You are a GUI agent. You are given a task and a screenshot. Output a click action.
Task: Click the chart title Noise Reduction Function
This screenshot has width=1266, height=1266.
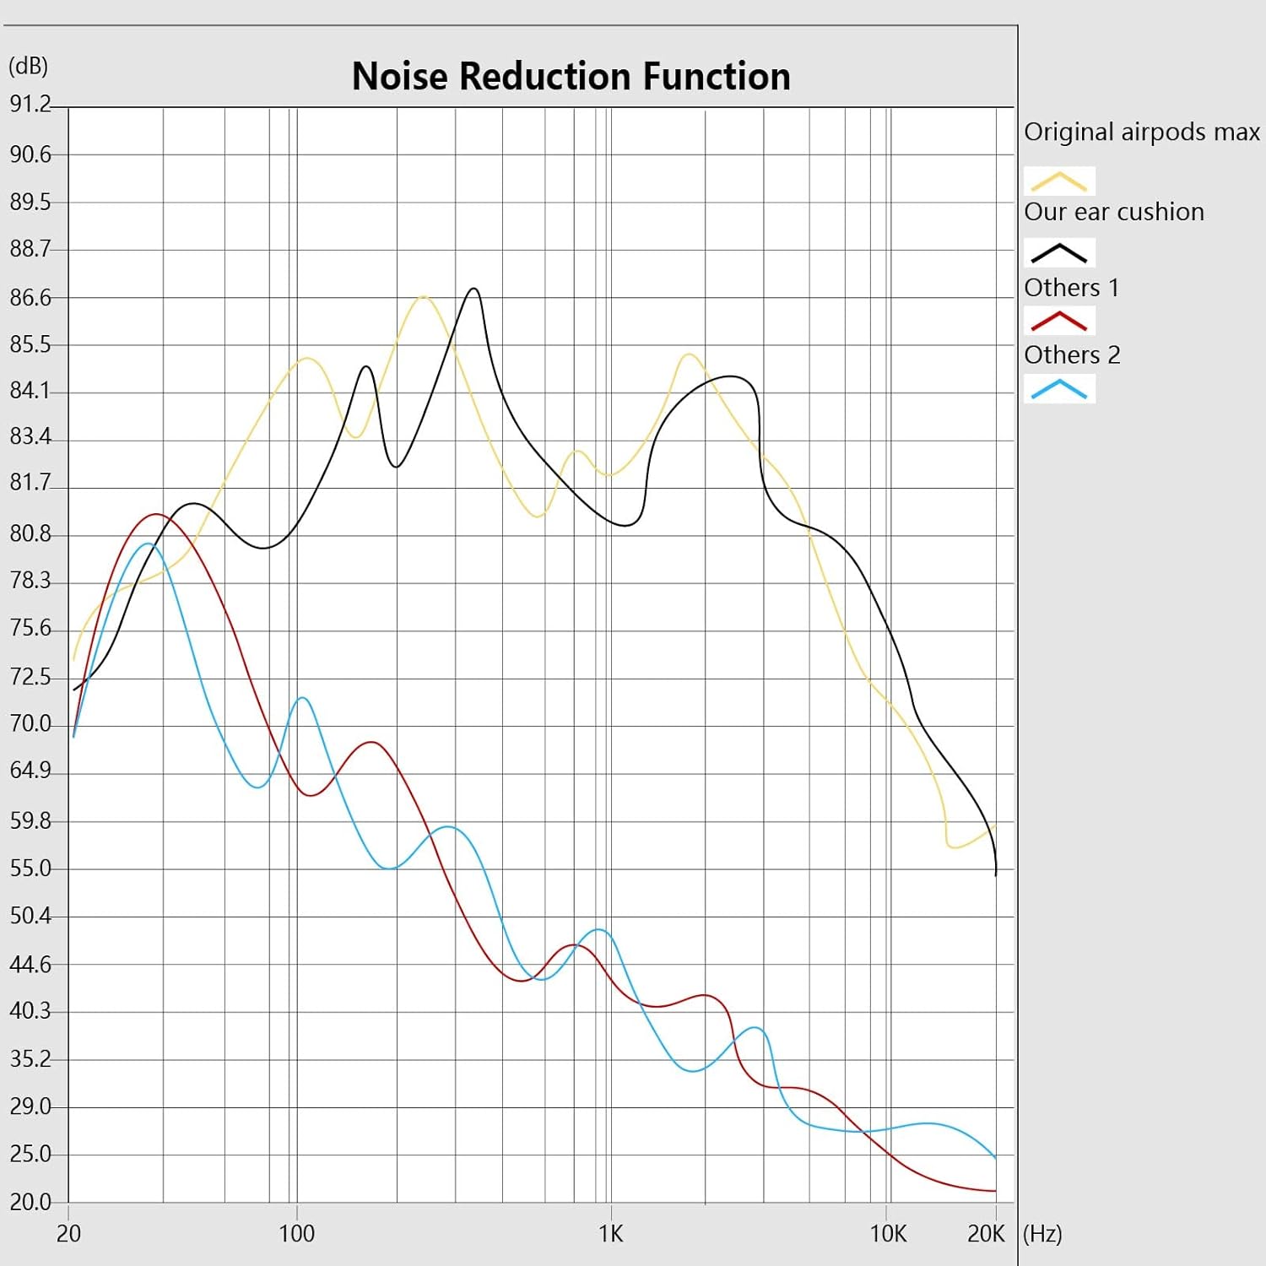[571, 76]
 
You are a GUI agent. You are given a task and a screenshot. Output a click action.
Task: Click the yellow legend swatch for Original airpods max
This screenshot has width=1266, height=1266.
[1059, 181]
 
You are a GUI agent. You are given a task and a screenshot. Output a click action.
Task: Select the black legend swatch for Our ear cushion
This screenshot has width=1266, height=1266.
[1059, 252]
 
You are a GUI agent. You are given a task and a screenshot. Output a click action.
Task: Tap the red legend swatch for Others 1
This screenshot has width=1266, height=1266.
[1059, 321]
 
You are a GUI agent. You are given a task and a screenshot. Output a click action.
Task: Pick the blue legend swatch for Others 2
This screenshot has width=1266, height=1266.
[1059, 389]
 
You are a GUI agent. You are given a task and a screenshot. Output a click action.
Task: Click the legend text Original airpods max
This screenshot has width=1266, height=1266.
[1141, 133]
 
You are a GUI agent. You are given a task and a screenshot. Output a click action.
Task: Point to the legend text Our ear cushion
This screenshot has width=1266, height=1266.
[1114, 212]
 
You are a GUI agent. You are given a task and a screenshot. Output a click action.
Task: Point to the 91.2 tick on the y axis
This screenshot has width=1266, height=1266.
[30, 104]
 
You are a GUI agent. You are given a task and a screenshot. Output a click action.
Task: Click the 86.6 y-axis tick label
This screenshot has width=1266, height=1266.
[30, 298]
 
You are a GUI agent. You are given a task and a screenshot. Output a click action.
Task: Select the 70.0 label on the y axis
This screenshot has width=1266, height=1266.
[30, 724]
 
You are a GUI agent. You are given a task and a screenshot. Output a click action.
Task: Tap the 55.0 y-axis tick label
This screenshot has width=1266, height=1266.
[30, 868]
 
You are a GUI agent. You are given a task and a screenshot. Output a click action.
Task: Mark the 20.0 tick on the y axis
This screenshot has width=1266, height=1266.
[30, 1202]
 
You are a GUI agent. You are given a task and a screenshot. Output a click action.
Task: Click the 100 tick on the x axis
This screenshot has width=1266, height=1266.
[296, 1234]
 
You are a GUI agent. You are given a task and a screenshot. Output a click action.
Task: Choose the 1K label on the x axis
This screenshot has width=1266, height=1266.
[610, 1234]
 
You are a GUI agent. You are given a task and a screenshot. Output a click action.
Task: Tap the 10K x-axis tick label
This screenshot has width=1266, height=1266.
[888, 1234]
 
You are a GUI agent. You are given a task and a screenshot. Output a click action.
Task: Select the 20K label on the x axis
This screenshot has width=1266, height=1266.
[986, 1234]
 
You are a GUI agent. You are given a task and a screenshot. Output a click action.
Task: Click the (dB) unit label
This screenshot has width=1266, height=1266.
[28, 66]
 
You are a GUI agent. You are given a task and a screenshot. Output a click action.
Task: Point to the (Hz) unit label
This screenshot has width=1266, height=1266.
[1042, 1234]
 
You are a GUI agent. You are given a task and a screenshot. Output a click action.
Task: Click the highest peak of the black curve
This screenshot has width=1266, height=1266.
[474, 289]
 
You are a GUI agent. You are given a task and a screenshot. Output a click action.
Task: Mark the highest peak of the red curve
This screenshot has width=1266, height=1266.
[155, 514]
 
